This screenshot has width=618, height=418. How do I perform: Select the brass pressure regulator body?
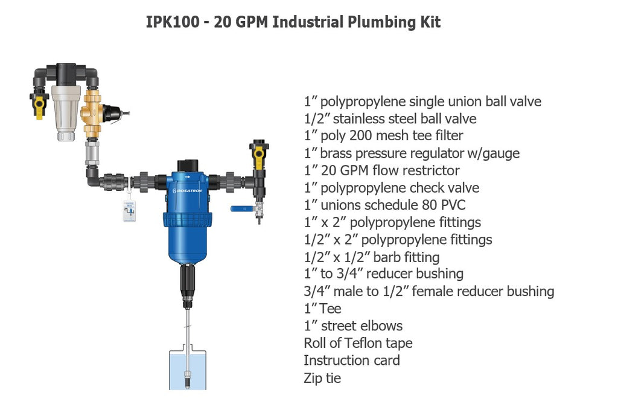[93, 115]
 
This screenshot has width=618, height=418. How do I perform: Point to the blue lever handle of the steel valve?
[240, 208]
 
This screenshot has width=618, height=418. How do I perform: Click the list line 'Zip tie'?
[322, 379]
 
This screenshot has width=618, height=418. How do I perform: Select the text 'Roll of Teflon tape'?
[358, 344]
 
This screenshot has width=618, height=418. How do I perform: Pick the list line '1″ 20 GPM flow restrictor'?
[381, 171]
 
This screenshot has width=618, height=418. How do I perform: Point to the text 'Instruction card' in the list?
[351, 361]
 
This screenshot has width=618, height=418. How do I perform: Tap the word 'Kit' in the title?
[431, 23]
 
